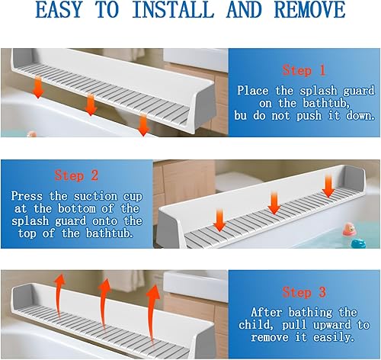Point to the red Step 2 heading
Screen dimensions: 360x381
coord(76,175)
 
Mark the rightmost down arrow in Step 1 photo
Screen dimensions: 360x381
coord(142,124)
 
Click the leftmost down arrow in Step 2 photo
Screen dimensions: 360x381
coord(219,220)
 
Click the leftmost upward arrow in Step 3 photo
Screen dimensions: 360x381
coord(58,291)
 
